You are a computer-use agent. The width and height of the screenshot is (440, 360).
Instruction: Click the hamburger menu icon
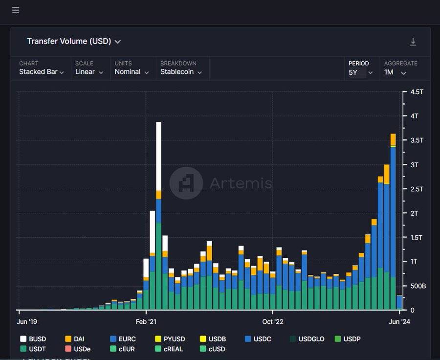coord(16,10)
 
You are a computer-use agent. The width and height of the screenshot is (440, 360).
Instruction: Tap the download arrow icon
coord(413,42)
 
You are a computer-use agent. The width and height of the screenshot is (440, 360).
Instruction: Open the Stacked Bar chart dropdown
coord(42,72)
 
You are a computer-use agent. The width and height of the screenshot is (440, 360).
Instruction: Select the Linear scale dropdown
coord(89,72)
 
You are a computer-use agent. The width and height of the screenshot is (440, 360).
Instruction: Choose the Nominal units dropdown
coord(131,72)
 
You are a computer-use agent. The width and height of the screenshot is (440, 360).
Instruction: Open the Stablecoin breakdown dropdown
coord(181,72)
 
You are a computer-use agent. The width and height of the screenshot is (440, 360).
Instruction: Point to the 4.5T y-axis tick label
coord(417,92)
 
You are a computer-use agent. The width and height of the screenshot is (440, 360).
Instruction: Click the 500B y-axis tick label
coord(417,286)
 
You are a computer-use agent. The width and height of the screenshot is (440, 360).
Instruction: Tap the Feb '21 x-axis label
coord(146,321)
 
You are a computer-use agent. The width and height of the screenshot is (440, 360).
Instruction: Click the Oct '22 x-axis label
coord(272,321)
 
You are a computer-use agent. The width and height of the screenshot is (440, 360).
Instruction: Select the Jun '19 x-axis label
coord(27,321)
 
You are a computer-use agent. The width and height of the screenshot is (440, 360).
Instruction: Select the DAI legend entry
coord(74,339)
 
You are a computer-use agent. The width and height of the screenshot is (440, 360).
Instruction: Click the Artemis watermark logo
coord(186,183)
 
